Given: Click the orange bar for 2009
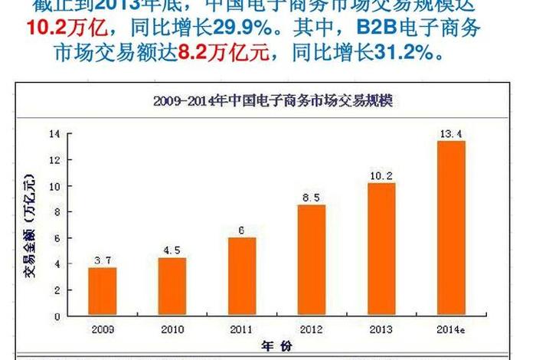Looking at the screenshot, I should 103,291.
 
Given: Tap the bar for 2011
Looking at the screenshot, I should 242,277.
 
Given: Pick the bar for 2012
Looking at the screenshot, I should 312,260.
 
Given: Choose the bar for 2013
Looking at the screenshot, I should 381,249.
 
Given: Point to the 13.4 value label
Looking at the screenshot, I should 450,135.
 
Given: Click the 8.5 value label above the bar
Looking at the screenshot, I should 312,198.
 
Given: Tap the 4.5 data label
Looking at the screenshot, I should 172,250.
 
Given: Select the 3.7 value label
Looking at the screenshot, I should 103,261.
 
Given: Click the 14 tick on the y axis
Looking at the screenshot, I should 54,134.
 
